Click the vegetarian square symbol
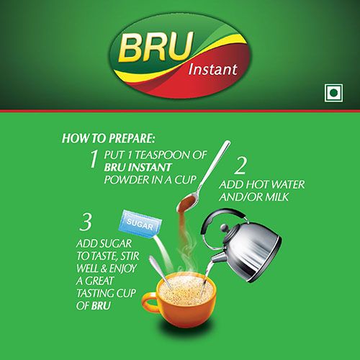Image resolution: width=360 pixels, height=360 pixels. (332, 93)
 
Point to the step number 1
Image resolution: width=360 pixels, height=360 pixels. (92, 158)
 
